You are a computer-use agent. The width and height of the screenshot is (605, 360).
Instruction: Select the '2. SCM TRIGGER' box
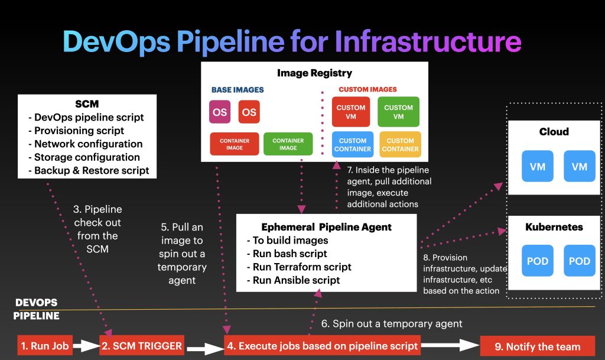[140, 346]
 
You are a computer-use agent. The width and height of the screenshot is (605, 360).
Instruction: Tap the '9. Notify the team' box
[537, 347]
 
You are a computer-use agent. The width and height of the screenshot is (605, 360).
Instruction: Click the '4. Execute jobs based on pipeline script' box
[322, 346]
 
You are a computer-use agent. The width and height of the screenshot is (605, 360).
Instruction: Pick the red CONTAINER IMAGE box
[234, 144]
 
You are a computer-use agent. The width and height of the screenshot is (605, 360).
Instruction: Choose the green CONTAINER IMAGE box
[288, 144]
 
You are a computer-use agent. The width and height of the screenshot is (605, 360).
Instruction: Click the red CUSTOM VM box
[350, 112]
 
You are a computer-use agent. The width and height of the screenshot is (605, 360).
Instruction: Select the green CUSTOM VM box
[398, 112]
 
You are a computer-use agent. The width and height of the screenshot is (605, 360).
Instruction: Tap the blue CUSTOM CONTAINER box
[352, 145]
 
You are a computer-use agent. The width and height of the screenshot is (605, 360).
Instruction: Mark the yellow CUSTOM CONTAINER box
[400, 145]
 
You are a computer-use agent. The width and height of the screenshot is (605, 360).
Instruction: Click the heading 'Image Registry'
[314, 73]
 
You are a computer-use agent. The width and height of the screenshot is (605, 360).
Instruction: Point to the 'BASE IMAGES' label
[238, 90]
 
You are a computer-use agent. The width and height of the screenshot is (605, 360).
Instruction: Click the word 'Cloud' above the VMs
[554, 131]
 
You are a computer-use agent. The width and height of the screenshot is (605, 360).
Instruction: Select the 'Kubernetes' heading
[554, 227]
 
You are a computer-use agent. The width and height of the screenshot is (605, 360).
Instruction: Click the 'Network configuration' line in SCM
[88, 144]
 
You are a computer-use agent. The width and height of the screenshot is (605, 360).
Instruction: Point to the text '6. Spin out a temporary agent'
[392, 323]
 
